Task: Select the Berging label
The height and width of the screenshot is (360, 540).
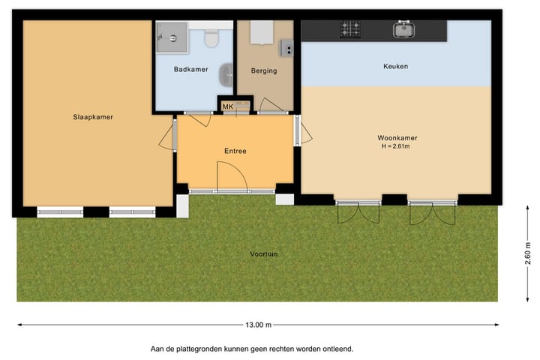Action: (264, 71)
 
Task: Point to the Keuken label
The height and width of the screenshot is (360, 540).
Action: (396, 67)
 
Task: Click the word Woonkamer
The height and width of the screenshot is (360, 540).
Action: (397, 137)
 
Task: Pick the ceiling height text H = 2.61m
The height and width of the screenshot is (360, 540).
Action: (397, 146)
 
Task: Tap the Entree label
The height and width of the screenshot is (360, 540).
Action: (235, 151)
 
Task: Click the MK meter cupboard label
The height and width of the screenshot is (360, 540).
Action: (227, 107)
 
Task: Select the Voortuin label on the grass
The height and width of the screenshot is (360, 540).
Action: (264, 254)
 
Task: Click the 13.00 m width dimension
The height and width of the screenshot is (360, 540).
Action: (257, 325)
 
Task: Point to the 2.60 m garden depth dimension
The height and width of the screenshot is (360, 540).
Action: (527, 257)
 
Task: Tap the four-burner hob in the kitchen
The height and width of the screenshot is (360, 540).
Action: (350, 30)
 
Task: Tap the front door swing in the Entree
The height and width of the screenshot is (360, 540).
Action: (231, 177)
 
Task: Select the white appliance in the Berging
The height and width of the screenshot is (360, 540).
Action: (261, 33)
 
